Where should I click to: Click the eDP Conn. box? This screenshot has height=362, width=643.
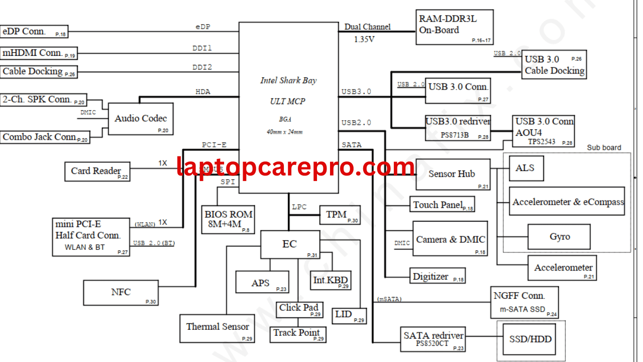coord(34,31)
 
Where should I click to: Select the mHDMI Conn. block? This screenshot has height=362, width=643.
coord(39,53)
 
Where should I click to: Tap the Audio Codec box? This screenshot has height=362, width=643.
coord(141,119)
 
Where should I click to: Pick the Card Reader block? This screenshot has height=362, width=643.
coord(97,171)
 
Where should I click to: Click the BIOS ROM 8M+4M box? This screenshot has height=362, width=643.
coord(228,220)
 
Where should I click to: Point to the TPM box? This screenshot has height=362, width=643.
coord(340,215)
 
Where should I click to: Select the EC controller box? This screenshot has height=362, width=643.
coord(290,245)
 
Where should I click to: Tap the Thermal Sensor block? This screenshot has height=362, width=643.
coord(218,328)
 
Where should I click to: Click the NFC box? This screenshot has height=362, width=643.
coord(121,293)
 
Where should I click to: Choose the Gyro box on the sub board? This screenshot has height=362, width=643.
coord(559,237)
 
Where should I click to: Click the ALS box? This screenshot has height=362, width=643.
coord(526,168)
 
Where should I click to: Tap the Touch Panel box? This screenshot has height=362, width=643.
coord(442,205)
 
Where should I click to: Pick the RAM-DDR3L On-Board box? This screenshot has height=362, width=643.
coord(454,27)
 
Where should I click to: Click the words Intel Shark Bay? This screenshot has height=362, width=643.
coord(288,80)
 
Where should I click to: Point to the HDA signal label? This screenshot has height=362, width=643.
coord(203,92)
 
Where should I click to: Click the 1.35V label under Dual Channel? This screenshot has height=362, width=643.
coord(364,39)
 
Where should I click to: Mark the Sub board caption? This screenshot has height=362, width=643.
coord(604,148)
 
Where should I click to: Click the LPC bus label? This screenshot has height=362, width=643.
coord(299,207)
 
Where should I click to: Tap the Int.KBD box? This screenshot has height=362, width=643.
coord(331,280)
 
